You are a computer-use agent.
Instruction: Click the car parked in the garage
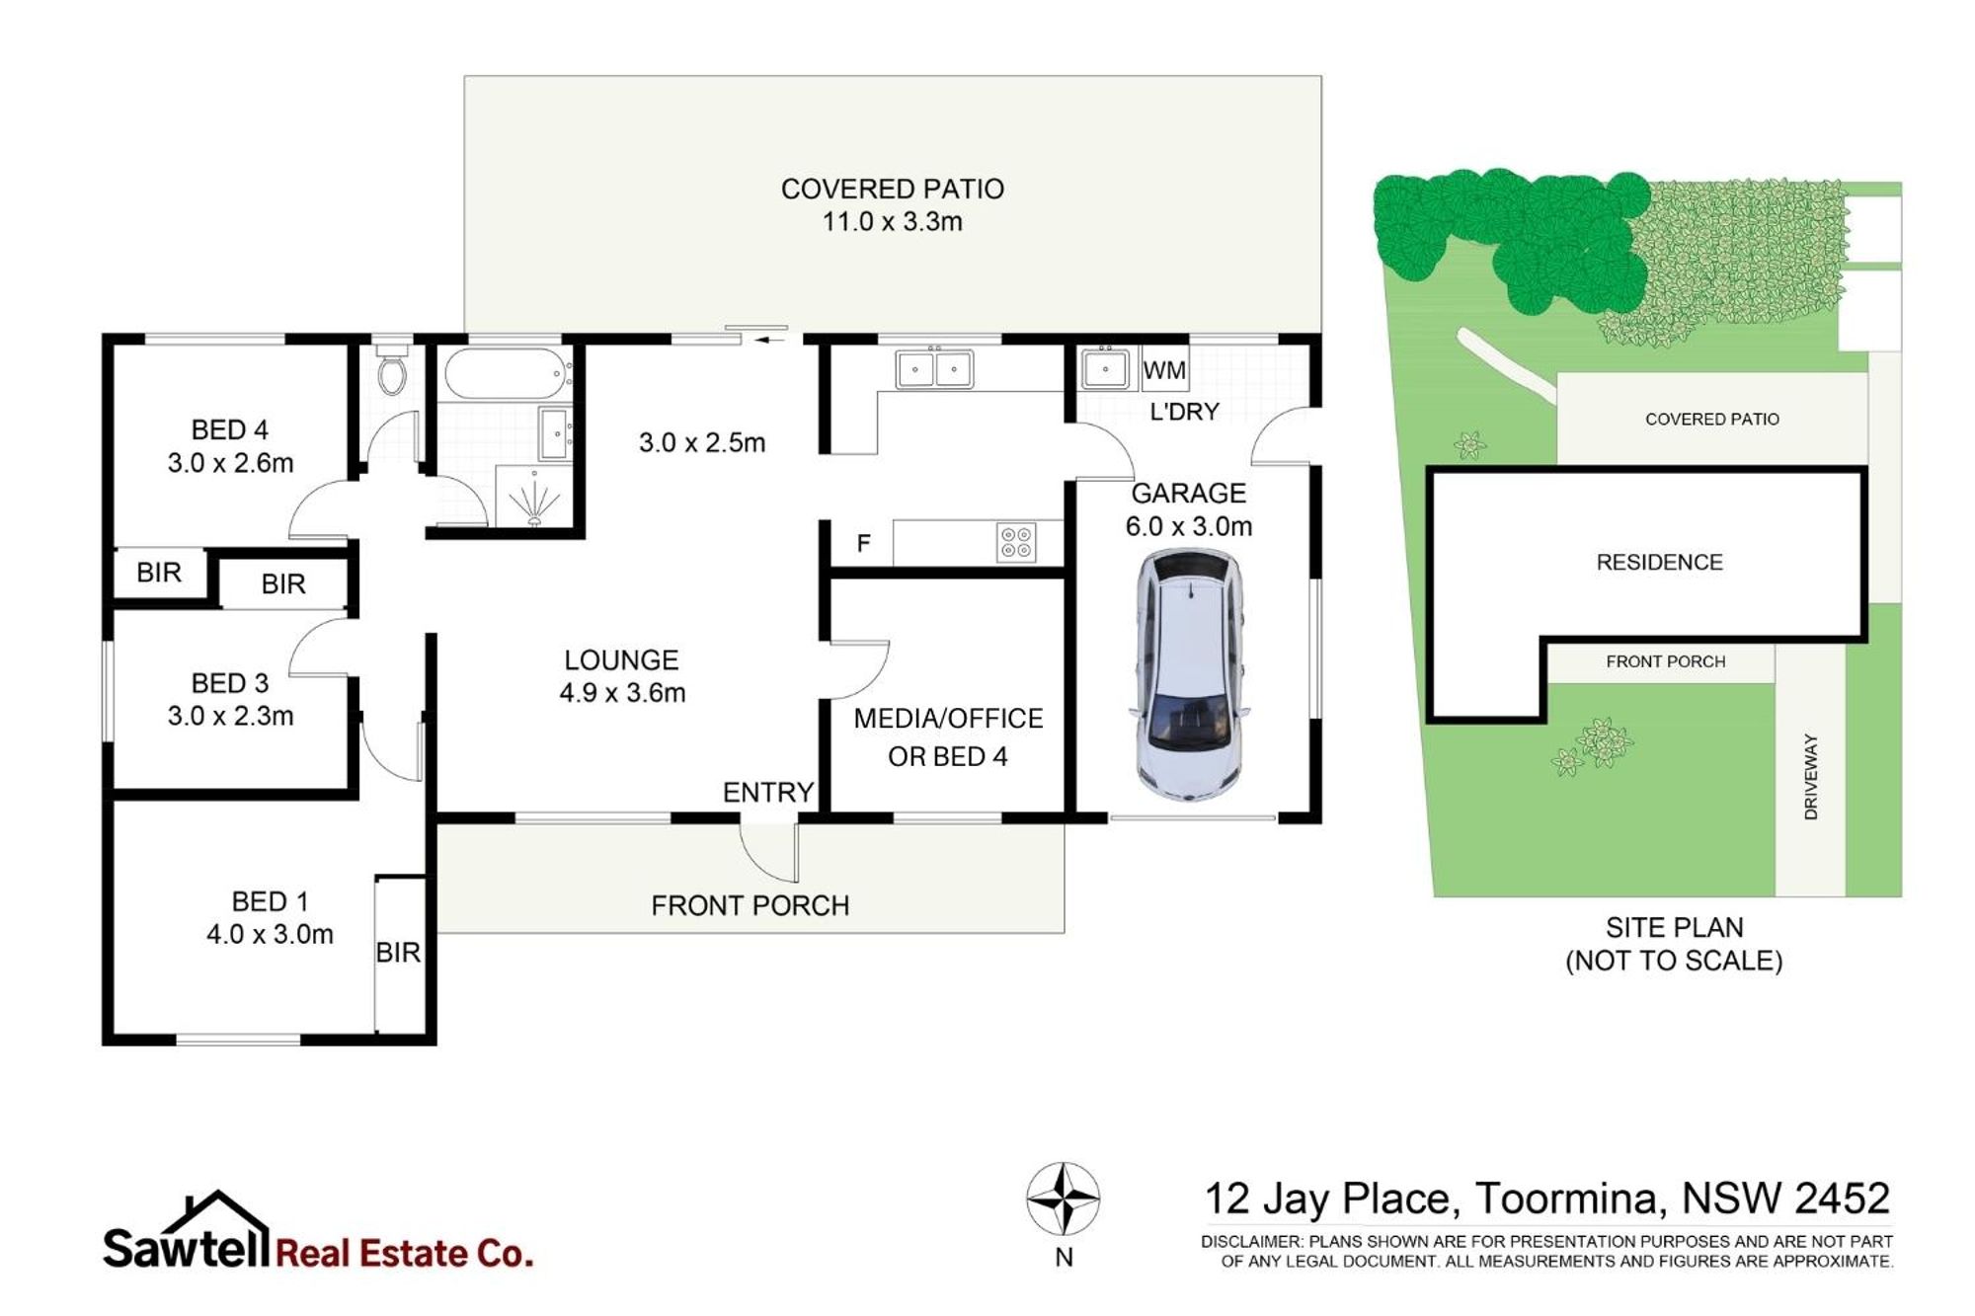pos(1189,675)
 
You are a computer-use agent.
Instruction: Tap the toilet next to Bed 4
pos(393,367)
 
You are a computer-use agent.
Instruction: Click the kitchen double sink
pos(934,369)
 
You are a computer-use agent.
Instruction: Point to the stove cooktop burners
pos(1016,542)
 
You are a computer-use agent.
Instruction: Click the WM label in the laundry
pos(1164,370)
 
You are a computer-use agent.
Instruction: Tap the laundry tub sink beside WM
pos(1106,369)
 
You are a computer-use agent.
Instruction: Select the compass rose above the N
pos(1063,1199)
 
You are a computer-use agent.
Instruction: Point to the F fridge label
pos(864,543)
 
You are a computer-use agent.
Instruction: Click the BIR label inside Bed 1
pos(398,952)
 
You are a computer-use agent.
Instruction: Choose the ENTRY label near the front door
pos(768,792)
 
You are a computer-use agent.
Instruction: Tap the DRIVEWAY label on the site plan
pos(1810,776)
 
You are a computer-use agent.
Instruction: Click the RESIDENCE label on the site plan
pos(1659,562)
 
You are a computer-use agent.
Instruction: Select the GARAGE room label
pos(1188,493)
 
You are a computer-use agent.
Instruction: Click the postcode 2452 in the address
pos(1841,1199)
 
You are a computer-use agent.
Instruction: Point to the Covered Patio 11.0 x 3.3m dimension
pos(892,221)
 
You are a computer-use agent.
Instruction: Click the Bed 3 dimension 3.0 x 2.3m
pos(230,716)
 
